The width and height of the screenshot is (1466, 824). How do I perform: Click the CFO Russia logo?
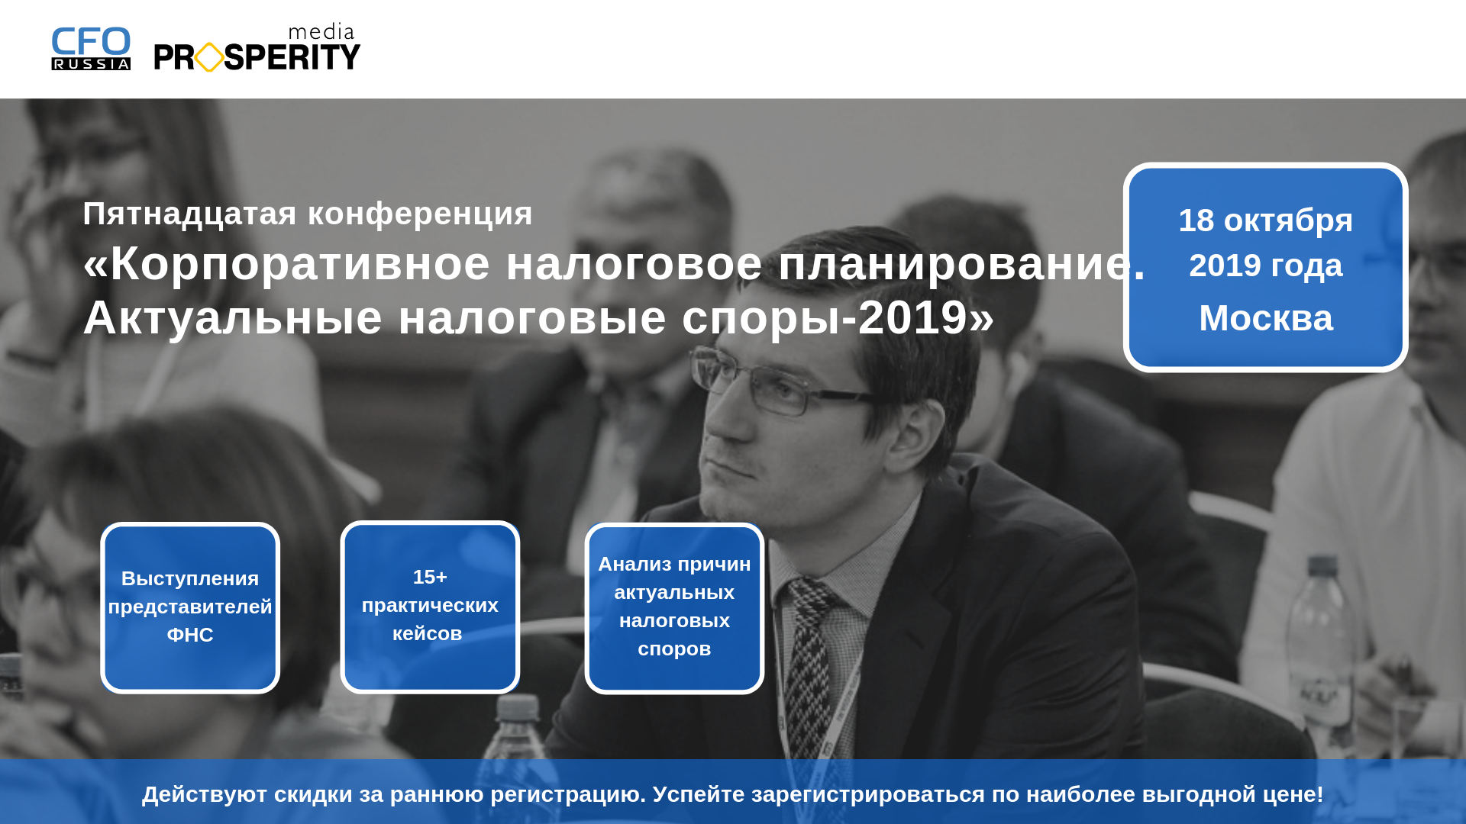(91, 49)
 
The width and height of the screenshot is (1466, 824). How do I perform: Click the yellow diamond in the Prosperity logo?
(209, 57)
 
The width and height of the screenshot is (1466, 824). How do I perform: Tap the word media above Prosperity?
(321, 32)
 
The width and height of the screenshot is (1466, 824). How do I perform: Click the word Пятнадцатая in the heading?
(189, 214)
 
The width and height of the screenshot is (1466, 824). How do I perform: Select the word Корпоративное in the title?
(300, 264)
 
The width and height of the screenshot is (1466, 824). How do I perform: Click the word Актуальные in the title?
(232, 317)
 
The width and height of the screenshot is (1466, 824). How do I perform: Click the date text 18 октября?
(1265, 221)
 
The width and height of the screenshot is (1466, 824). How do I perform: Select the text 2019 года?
(1265, 266)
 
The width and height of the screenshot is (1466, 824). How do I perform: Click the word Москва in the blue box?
(1266, 318)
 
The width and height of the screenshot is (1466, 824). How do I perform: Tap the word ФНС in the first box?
(190, 635)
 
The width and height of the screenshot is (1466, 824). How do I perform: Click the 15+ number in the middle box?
(430, 577)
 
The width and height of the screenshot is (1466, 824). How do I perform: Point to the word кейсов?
(428, 633)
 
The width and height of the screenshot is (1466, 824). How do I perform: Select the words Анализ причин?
(674, 565)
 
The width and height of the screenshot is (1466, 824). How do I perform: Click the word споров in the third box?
(674, 649)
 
